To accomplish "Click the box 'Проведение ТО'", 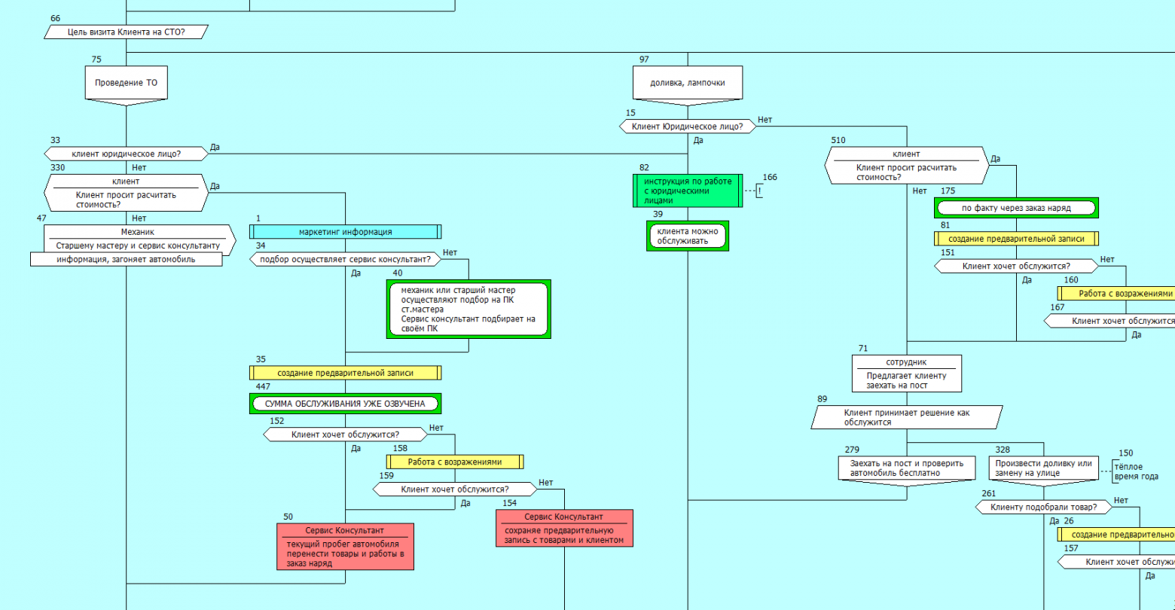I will click(126, 83).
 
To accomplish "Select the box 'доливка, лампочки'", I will click(687, 83).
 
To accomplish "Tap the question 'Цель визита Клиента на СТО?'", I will click(126, 32).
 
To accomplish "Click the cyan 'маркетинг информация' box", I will click(346, 232).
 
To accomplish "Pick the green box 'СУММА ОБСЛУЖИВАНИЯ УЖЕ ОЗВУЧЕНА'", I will click(345, 404).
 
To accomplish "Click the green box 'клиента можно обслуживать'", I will click(687, 235).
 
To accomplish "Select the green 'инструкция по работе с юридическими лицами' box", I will click(687, 191).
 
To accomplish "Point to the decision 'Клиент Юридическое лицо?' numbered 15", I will click(687, 127).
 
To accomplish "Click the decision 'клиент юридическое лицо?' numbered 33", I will click(126, 154).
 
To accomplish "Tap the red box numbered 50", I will click(346, 546).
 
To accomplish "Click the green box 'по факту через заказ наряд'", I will click(1016, 208).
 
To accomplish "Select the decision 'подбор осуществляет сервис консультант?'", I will click(345, 259).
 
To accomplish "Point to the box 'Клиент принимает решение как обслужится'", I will click(907, 417).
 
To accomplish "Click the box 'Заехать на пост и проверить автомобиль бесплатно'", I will click(907, 468).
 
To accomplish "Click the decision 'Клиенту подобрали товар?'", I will click(1043, 508).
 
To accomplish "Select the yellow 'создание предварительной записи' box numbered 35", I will click(345, 373).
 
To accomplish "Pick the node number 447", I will click(263, 386).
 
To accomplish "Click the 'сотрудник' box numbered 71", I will click(907, 374).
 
